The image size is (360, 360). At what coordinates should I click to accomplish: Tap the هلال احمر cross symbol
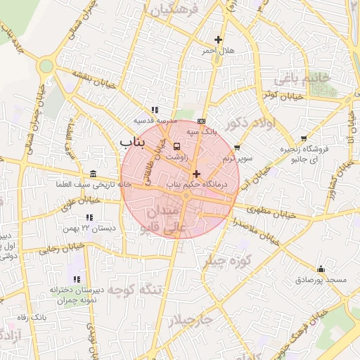(218, 39)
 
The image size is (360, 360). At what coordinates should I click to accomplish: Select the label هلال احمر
(217, 51)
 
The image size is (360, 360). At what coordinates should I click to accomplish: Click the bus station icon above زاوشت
(176, 146)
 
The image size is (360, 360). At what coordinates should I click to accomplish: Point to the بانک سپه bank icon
(202, 120)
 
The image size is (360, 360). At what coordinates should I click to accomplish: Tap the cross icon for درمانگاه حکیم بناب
(196, 173)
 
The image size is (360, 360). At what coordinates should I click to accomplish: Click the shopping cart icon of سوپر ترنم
(237, 148)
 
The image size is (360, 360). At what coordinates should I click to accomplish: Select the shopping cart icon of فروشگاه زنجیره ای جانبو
(304, 139)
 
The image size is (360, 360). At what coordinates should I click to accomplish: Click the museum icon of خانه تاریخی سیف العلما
(94, 174)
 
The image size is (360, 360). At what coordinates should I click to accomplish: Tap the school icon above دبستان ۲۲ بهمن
(89, 218)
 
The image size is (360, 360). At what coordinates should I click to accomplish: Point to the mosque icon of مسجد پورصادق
(321, 269)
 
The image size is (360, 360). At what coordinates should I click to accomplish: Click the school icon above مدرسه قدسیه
(155, 110)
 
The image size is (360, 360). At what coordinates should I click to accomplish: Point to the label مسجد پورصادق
(321, 280)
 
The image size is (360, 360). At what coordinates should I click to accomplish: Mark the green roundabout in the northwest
(46, 66)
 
